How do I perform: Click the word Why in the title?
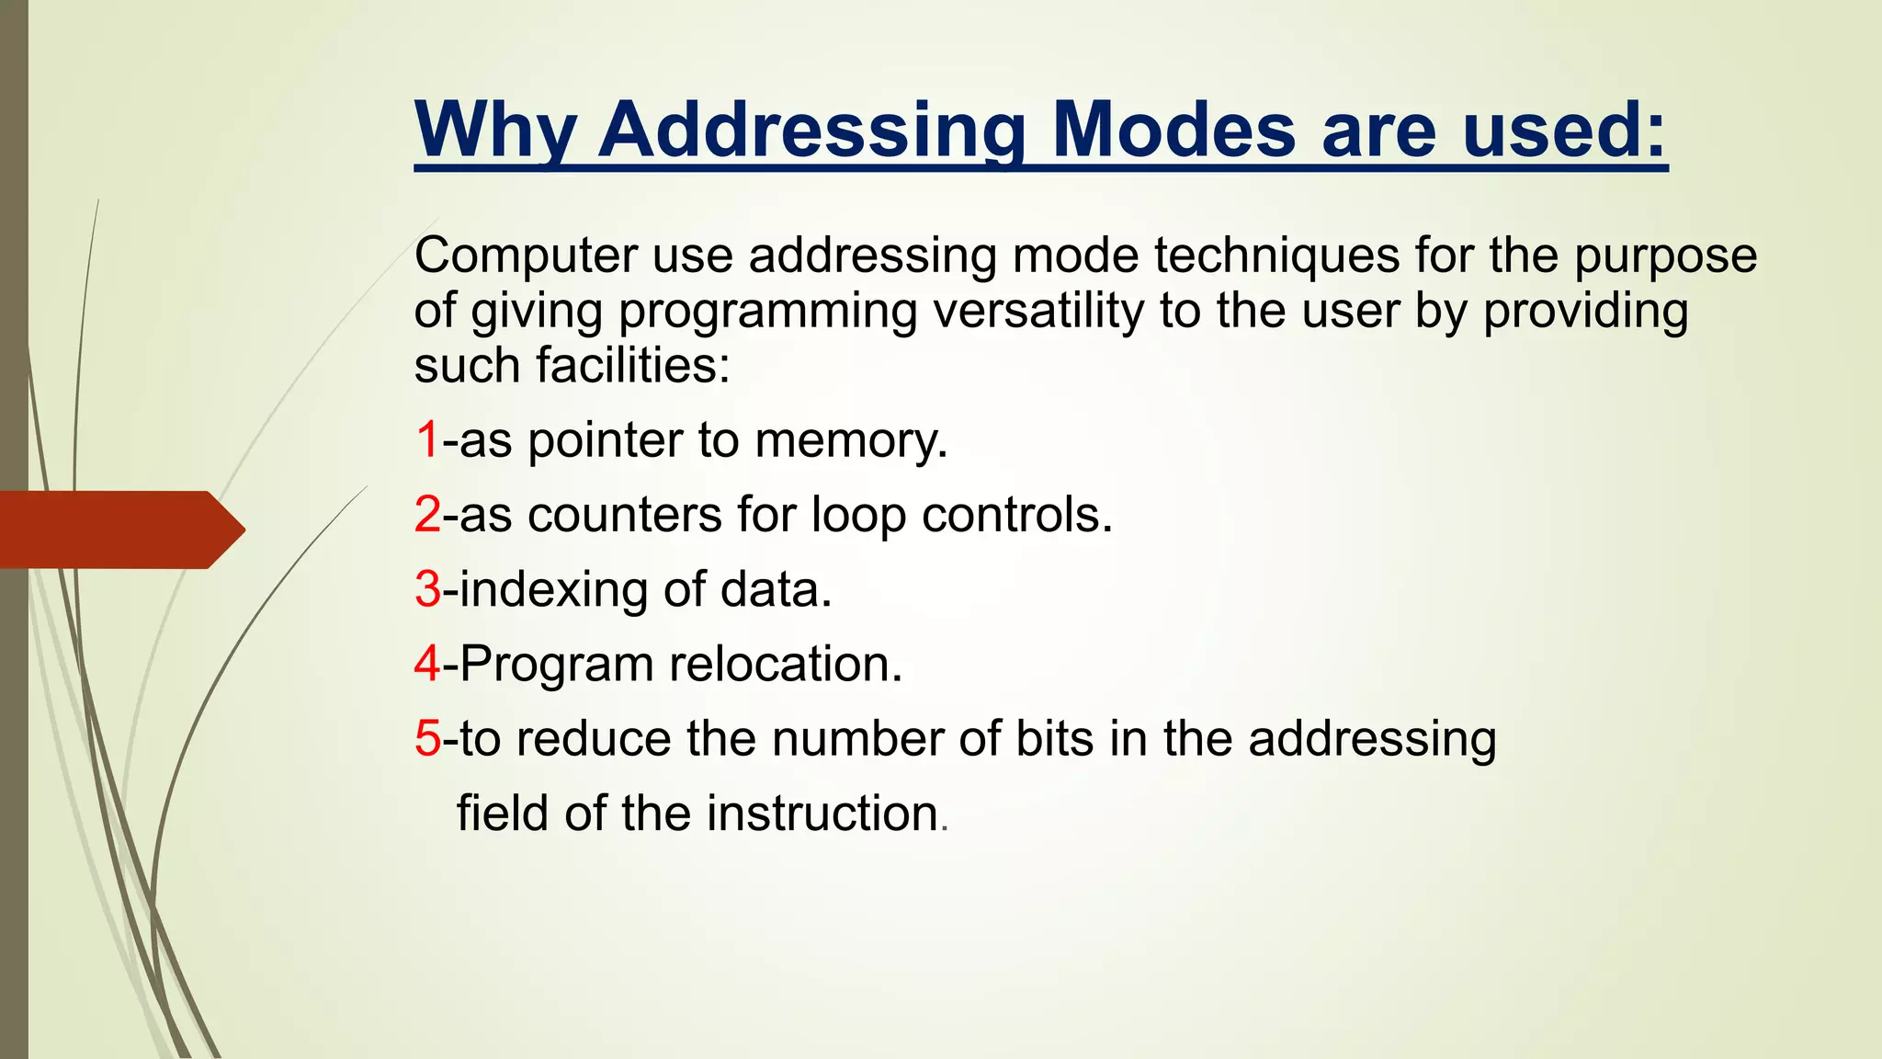click(x=495, y=130)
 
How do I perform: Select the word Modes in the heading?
click(x=1173, y=130)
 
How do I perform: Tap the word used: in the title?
click(x=1563, y=130)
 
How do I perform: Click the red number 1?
click(x=427, y=439)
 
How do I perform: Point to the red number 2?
click(x=427, y=514)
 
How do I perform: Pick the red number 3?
click(x=427, y=588)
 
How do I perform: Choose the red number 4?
click(x=427, y=664)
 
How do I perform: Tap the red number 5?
click(x=427, y=738)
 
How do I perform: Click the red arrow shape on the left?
click(x=119, y=529)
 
